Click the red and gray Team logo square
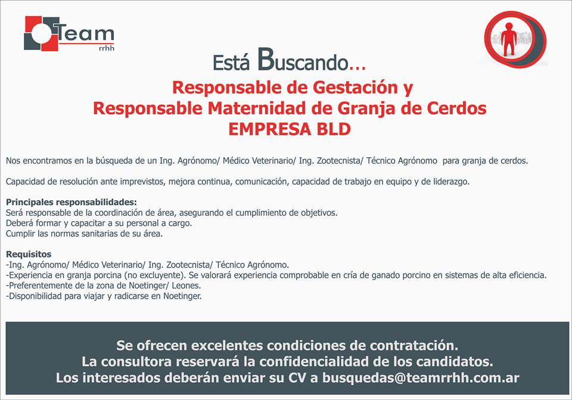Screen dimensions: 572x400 coord(41,33)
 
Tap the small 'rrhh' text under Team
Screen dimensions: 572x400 coord(107,48)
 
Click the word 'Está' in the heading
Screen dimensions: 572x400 coord(231,62)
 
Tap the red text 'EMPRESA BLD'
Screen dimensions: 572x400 coord(290,129)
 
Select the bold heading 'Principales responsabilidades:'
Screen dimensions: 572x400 coord(71,202)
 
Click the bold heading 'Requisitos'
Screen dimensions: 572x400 coord(29,255)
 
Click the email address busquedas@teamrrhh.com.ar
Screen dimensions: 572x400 coord(421,378)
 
